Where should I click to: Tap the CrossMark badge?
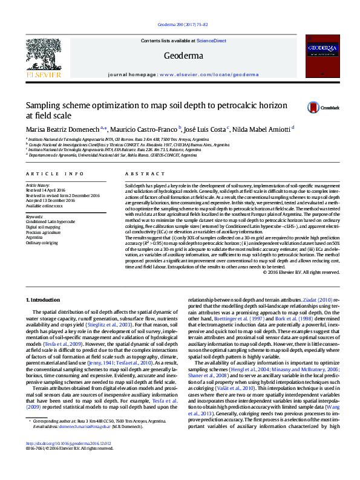326,107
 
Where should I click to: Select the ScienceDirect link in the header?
212,41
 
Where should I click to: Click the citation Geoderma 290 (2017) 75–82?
179,24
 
